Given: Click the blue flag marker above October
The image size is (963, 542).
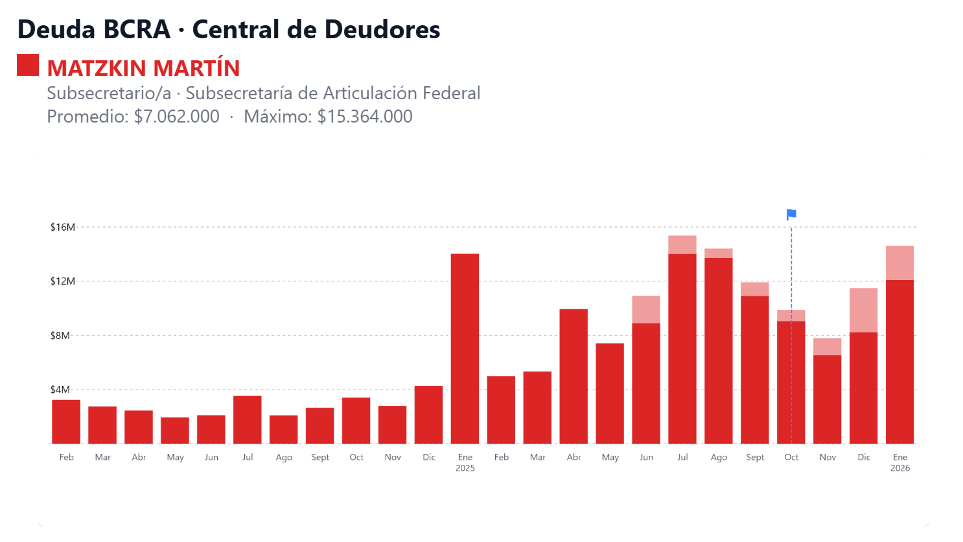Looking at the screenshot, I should pyautogui.click(x=791, y=215).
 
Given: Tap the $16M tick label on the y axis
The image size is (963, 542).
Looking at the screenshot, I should pyautogui.click(x=63, y=227).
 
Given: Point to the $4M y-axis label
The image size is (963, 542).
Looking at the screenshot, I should pyautogui.click(x=60, y=390).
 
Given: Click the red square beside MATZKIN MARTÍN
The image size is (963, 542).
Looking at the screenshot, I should pyautogui.click(x=28, y=65).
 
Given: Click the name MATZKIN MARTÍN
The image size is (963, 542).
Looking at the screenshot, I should pyautogui.click(x=143, y=68).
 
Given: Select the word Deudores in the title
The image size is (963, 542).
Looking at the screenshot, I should pyautogui.click(x=382, y=30).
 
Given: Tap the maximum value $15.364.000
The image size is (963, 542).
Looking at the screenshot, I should pyautogui.click(x=365, y=117).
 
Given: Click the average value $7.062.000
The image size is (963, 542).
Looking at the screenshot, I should pyautogui.click(x=176, y=117).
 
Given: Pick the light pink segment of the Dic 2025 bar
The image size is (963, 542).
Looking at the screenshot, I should pyautogui.click(x=863, y=310).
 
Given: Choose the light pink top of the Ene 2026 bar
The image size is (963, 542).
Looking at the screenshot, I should pyautogui.click(x=899, y=263).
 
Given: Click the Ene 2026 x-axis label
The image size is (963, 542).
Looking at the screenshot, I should pyautogui.click(x=899, y=462).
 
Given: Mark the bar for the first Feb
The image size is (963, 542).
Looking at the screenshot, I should pyautogui.click(x=66, y=422).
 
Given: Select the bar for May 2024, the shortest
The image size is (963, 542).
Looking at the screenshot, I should pyautogui.click(x=175, y=430).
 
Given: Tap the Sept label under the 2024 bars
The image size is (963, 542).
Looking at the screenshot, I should pyautogui.click(x=320, y=457).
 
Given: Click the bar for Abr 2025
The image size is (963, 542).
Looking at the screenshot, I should pyautogui.click(x=574, y=377).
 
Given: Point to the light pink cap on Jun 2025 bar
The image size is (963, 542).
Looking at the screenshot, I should pyautogui.click(x=646, y=309).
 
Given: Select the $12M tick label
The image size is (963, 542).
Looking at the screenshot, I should pyautogui.click(x=63, y=281).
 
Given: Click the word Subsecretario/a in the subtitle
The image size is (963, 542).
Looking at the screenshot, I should pyautogui.click(x=109, y=93).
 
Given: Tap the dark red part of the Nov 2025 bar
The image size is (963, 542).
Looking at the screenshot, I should pyautogui.click(x=827, y=399).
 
